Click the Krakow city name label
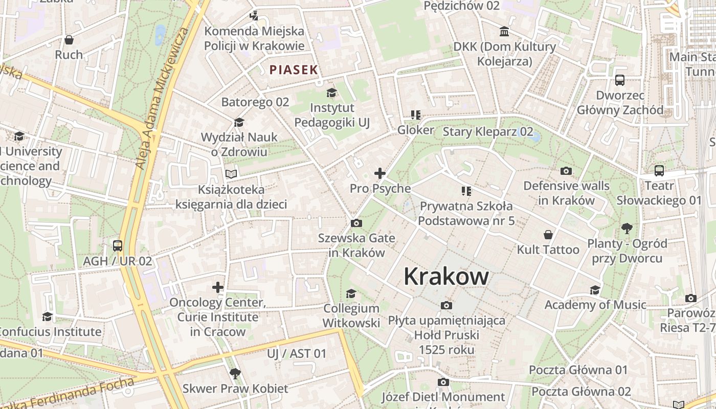[x=446, y=277]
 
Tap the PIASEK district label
[x=294, y=70]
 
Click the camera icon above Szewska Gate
[x=356, y=223]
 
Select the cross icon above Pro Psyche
[x=380, y=173]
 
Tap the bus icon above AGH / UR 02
[x=118, y=246]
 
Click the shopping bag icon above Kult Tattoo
[x=548, y=235]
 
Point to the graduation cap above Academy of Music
[x=595, y=290]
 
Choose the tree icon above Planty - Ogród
[x=626, y=228]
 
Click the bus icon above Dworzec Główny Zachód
[x=620, y=80]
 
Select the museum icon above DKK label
[x=504, y=32]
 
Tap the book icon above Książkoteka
[x=231, y=174]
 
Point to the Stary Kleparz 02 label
[x=488, y=132]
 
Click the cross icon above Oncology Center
[x=218, y=287]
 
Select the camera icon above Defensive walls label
[x=566, y=171]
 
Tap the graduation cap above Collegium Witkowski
[x=351, y=293]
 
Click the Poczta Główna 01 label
[x=578, y=370]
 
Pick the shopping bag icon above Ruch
[x=69, y=40]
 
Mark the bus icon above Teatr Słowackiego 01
[x=659, y=171]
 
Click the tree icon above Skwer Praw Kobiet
[x=235, y=373]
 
